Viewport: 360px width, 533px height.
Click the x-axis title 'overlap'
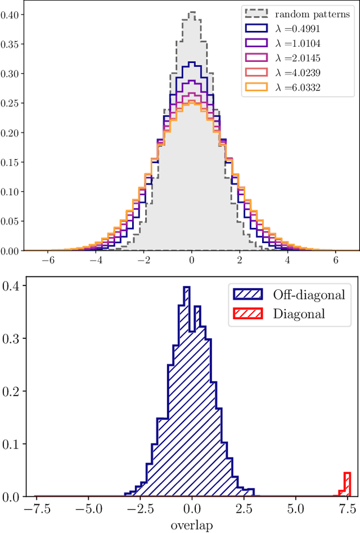tap(192, 525)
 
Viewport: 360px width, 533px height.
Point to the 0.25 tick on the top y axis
tap(10, 103)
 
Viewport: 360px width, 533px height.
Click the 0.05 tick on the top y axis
tap(10, 221)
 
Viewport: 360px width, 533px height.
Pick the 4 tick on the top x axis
tap(287, 261)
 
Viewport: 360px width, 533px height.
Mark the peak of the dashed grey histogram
tap(192, 12)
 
